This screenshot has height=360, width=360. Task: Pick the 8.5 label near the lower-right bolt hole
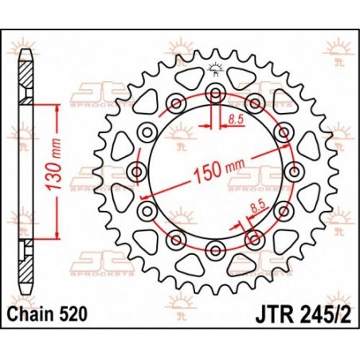[256, 205]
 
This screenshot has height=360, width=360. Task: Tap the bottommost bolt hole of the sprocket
[215, 252]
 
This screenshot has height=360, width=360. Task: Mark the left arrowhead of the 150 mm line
[143, 195]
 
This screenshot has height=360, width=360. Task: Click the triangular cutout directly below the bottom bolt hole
[215, 275]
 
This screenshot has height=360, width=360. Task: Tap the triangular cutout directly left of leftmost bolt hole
[112, 172]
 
